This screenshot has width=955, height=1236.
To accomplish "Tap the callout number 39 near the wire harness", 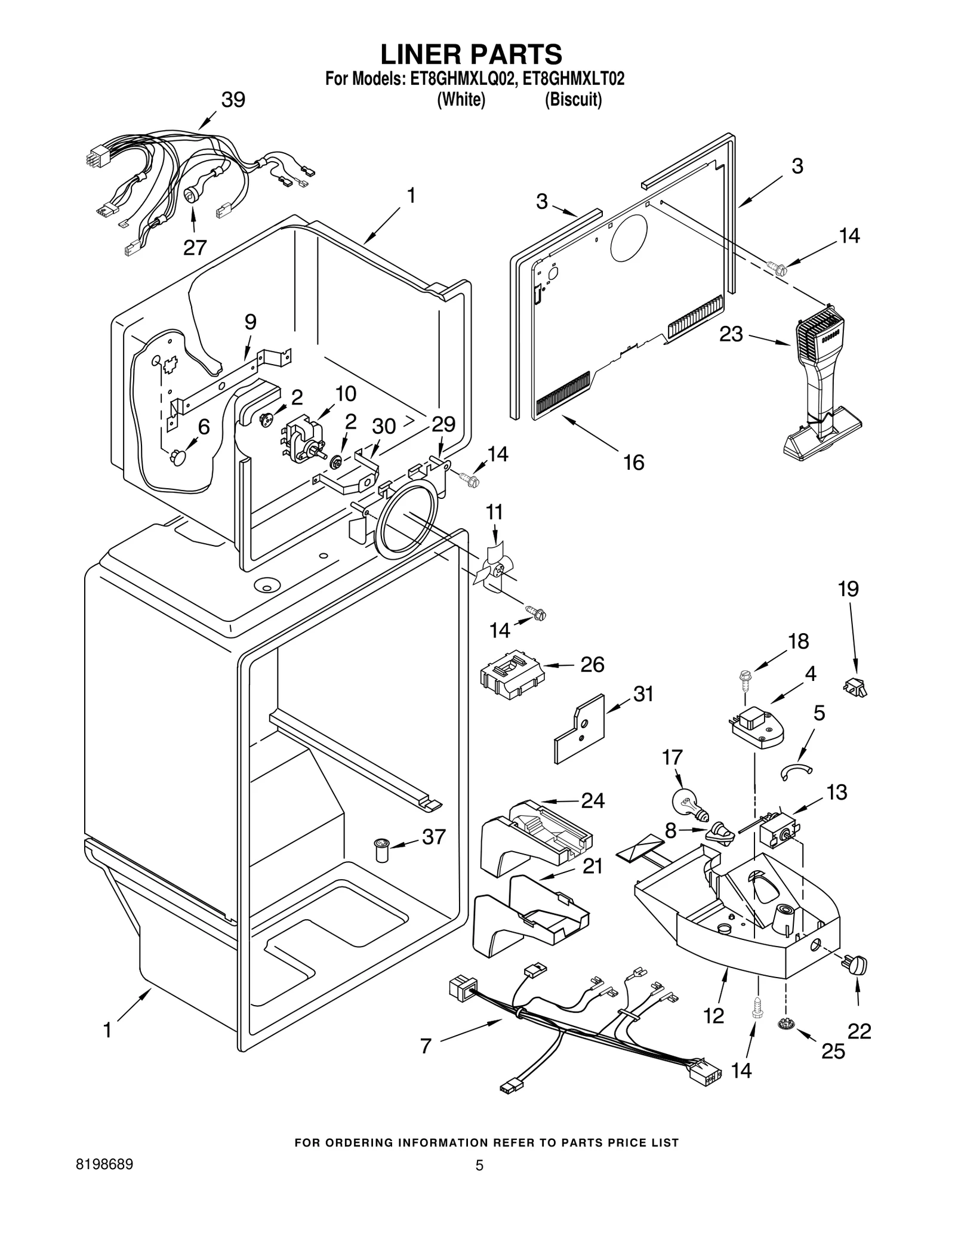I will pyautogui.click(x=233, y=100).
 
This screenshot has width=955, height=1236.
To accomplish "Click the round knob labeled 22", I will pyautogui.click(x=858, y=964).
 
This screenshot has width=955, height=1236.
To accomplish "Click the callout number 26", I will pyautogui.click(x=592, y=664).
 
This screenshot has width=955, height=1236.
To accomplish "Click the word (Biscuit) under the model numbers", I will pyautogui.click(x=573, y=100).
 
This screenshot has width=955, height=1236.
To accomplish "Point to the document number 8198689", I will pyautogui.click(x=104, y=1164).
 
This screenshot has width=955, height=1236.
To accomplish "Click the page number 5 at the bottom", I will pyautogui.click(x=479, y=1165).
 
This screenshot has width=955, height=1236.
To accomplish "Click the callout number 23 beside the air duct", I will pyautogui.click(x=731, y=334).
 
